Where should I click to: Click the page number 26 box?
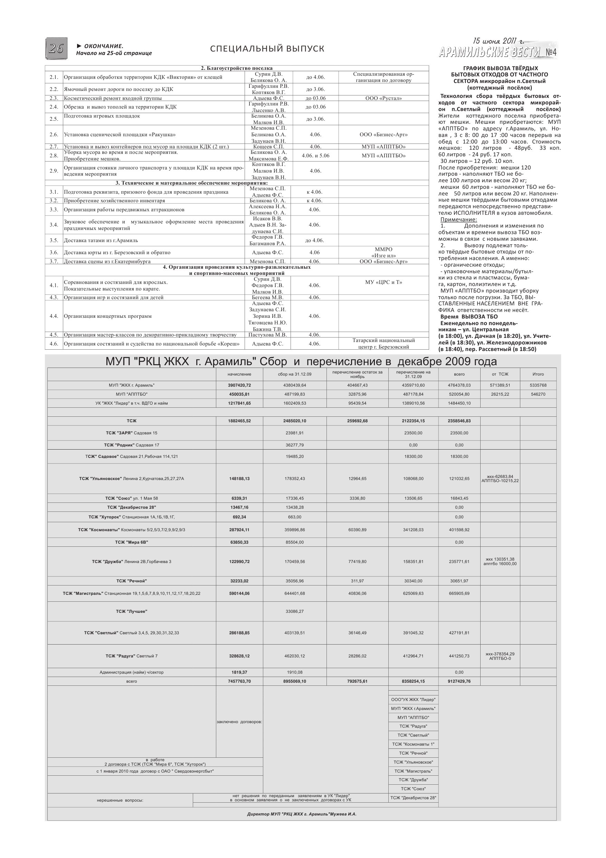(56, 48)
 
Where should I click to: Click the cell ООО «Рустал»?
(384, 98)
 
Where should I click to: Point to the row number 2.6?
(54, 135)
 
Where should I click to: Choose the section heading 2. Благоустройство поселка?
(237, 68)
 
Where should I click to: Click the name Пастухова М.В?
(267, 335)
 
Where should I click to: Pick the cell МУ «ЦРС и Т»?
(384, 282)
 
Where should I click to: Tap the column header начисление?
(239, 374)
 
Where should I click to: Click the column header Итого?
(538, 374)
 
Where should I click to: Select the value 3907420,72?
(239, 385)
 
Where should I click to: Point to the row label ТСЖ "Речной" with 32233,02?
(131, 581)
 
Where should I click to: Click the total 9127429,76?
(459, 681)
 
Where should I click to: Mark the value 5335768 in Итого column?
(538, 385)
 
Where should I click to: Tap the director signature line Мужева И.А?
(302, 814)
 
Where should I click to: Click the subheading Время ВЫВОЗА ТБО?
(469, 316)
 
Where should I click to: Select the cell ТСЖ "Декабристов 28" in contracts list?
(413, 798)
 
